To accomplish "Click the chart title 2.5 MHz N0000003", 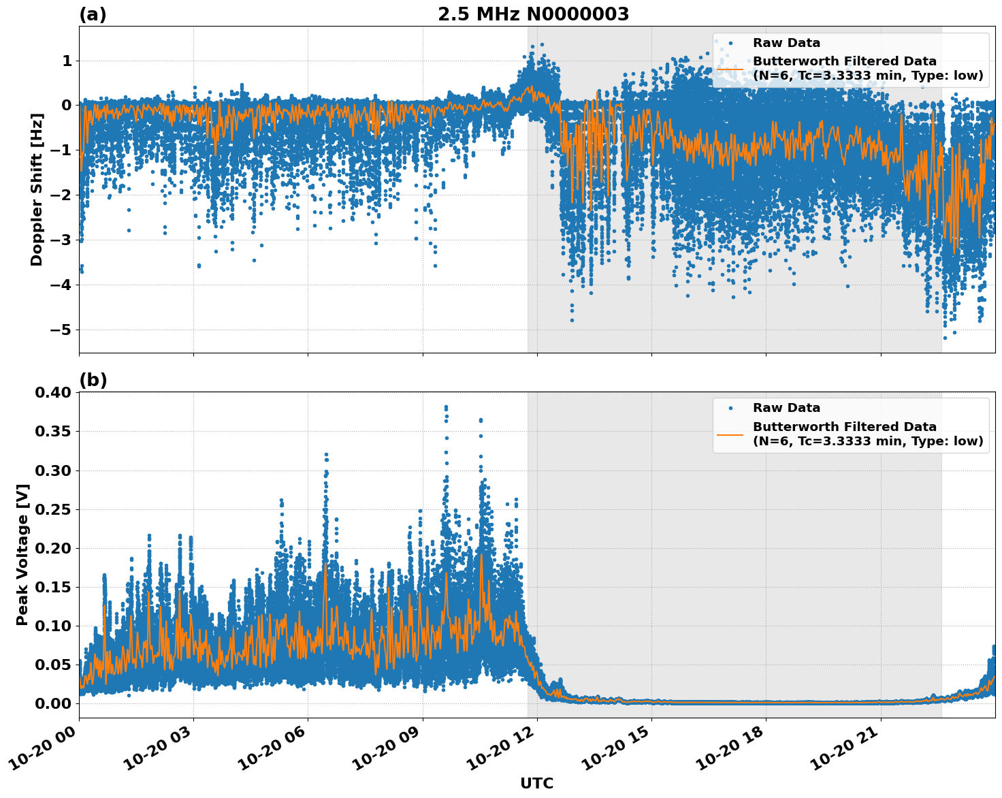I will tap(533, 14).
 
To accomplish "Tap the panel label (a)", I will tap(93, 14).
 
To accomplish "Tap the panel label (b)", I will tap(93, 380).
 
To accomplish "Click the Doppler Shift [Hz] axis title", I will tap(37, 189).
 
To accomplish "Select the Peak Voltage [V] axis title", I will tap(22, 555).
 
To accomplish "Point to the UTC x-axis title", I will tap(536, 783).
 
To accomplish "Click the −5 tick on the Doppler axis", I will tap(62, 330).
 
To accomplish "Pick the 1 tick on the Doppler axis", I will tap(67, 61).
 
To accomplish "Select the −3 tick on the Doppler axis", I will tap(62, 240).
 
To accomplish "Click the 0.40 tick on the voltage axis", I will tap(53, 392).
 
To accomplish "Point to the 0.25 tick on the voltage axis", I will tap(53, 509).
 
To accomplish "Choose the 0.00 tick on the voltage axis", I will tap(53, 703).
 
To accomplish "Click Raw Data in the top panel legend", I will tap(786, 43).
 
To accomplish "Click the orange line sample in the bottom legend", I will tap(730, 434).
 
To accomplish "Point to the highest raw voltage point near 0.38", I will tap(446, 407).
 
